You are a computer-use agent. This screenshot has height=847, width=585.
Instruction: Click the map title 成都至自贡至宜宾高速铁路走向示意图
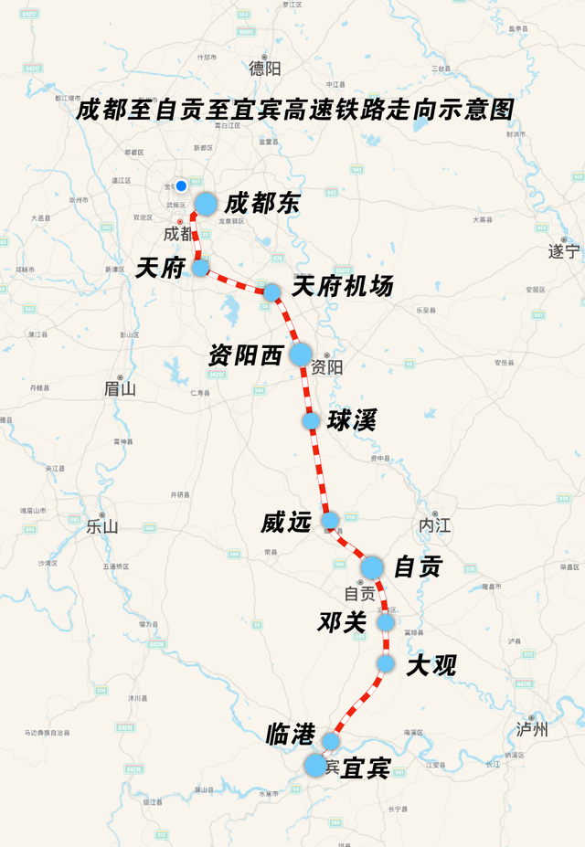pos(294,111)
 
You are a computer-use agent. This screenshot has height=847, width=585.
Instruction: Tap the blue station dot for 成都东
pos(206,204)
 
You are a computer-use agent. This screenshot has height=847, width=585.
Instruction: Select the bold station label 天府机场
pos(343,286)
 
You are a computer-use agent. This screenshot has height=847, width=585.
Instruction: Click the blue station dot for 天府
pos(200,268)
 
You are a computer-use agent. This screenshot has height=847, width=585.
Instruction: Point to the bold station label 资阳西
pos(245,355)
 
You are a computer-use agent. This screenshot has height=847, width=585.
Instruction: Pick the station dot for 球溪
pos(311,421)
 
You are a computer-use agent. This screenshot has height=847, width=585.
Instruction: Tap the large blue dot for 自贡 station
pos(371,567)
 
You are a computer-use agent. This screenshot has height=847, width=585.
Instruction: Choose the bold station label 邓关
pos(342,623)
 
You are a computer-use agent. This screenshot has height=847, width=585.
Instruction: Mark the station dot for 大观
pos(386,664)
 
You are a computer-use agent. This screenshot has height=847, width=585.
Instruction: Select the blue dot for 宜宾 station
pos(315,766)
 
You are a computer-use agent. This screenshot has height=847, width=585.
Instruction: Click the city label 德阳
pos(265,68)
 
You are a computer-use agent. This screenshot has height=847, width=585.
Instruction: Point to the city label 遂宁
pos(563,250)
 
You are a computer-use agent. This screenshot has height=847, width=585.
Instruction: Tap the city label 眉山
pos(119,388)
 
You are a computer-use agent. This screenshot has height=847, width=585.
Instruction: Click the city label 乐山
pos(102,526)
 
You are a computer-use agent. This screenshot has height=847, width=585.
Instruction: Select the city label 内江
pos(434,526)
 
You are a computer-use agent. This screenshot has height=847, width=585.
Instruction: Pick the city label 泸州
pos(532,729)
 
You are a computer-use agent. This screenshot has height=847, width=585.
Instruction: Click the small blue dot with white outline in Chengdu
pos(181,185)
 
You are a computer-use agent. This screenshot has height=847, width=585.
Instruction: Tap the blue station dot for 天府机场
pos(272,292)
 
